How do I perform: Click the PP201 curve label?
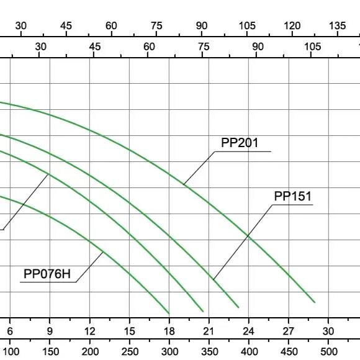[x=240, y=143]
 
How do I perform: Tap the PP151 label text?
[x=293, y=196]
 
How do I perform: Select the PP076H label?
[x=47, y=274]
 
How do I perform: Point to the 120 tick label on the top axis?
[x=292, y=25]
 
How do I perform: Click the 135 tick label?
[x=337, y=25]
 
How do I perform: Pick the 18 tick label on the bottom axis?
[x=169, y=331]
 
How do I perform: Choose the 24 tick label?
[x=249, y=331]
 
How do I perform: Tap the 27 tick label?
[x=289, y=331]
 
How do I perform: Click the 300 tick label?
[x=169, y=351]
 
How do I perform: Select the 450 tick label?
[x=289, y=351]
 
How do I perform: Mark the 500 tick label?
[x=329, y=351]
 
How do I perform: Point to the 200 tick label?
[x=90, y=351]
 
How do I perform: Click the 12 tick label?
[x=89, y=331]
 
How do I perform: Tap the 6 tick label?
[x=10, y=331]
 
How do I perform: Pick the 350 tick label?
[x=209, y=351]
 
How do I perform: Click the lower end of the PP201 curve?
[x=315, y=302]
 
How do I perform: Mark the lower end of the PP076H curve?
[x=169, y=313]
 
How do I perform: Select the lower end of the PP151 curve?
[x=238, y=307]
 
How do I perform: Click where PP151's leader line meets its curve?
[x=213, y=279]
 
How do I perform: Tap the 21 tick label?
[x=209, y=331]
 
